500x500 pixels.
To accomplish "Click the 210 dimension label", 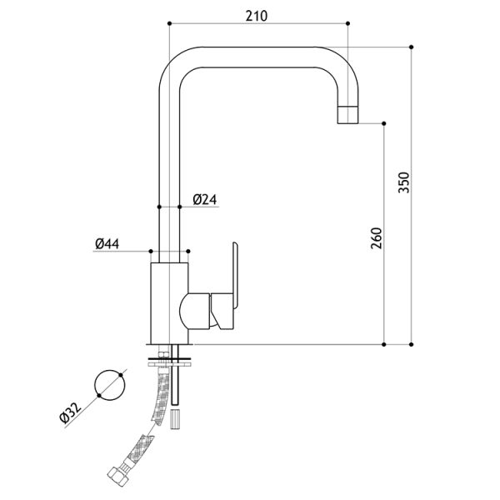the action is (257, 16).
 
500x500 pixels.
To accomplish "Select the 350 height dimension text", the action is (403, 182).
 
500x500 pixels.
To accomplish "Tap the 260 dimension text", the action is (377, 238).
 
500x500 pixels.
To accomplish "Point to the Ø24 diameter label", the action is (205, 200).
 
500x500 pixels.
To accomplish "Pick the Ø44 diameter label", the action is (107, 244).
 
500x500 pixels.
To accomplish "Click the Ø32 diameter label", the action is (71, 412).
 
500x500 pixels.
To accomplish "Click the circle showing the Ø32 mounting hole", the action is (110, 385).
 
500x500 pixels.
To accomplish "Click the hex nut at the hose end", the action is (117, 477).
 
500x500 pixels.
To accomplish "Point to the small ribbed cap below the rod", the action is (175, 419).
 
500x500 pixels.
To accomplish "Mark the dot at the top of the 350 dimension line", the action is (411, 47).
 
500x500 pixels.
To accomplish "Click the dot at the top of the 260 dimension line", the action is (384, 123).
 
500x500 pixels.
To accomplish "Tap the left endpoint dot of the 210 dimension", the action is (169, 23).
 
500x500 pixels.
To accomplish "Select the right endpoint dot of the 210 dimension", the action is (347, 23).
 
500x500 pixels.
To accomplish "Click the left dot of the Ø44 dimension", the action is (151, 252).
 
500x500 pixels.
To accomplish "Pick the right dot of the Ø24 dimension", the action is (179, 207).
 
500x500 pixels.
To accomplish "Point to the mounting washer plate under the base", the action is (169, 363).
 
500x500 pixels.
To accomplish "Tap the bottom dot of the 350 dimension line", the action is (411, 344).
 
